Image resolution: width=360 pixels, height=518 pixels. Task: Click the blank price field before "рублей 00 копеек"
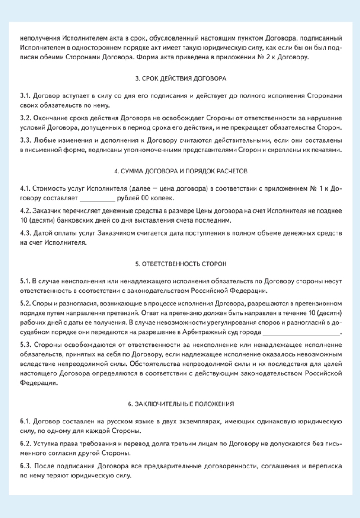pyautogui.click(x=97, y=199)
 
